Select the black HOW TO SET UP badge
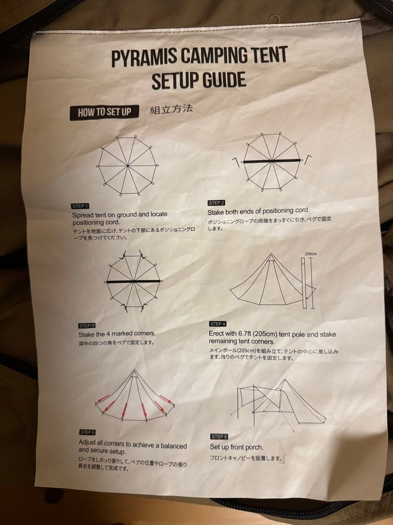point(104,112)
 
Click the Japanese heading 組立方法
point(171,109)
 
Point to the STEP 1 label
point(80,206)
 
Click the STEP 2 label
point(216,203)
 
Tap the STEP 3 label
point(87,325)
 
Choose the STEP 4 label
point(218,324)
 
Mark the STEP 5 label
point(87,432)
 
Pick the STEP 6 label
point(219,437)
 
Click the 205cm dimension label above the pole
point(311,254)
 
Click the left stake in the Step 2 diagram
point(237,162)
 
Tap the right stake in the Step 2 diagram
point(307,159)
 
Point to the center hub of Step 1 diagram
point(128,165)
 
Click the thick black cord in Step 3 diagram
point(133,281)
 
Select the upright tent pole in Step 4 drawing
point(303,283)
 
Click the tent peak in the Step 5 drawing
point(134,370)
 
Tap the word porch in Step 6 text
point(255,447)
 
